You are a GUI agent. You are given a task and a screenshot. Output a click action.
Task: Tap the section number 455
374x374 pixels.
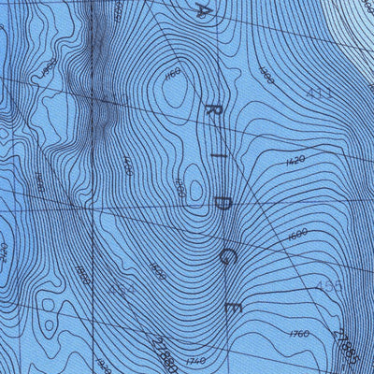331,285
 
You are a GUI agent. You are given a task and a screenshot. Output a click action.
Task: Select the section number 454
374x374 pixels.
122,292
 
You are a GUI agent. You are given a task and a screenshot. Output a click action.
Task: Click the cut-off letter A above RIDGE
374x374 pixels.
201,11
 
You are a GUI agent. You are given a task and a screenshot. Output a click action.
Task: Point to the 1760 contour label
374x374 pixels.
298,333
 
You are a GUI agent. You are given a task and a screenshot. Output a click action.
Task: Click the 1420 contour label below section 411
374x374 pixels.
294,161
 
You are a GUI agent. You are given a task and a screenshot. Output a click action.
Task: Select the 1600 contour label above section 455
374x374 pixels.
298,234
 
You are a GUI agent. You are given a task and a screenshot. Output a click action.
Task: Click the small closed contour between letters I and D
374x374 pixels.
193,178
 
